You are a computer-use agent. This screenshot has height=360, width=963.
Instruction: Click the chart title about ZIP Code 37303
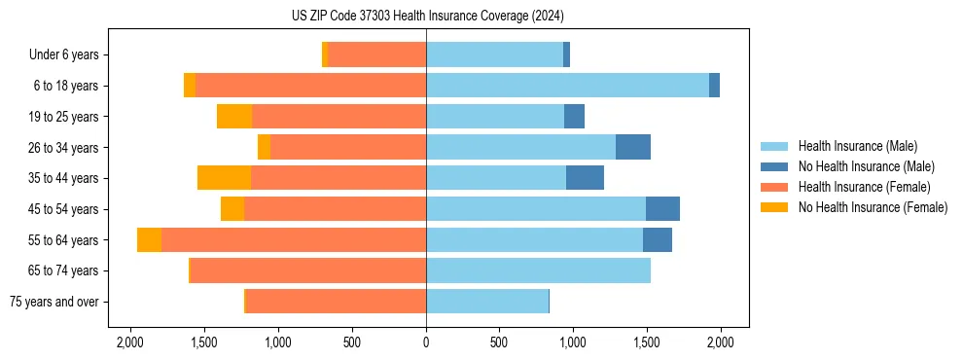426,16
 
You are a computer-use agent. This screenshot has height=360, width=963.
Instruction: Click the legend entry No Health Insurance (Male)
866,166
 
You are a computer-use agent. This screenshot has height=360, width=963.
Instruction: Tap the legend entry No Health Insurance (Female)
873,207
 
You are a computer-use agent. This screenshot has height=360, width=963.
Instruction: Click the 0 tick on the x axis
426,342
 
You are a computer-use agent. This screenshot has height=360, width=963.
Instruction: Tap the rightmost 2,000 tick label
720,342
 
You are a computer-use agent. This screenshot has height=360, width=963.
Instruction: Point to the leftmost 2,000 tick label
130,342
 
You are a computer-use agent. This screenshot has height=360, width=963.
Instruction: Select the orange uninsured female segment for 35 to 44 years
224,178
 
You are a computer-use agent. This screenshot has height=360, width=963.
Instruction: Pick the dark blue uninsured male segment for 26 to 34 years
633,147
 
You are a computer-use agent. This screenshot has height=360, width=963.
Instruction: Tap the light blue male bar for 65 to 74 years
538,270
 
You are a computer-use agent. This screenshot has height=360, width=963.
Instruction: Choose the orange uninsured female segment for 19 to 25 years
234,117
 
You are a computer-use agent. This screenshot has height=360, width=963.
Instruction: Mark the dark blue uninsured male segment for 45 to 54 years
662,209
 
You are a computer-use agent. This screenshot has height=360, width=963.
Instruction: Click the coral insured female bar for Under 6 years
376,55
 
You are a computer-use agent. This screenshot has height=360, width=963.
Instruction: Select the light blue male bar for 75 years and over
487,302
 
